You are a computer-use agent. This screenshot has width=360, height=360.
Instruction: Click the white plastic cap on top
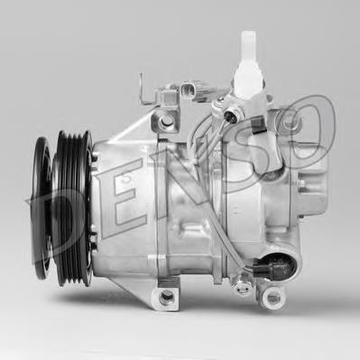point(246,50)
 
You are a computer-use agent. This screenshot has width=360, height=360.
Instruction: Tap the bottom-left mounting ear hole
point(166,295)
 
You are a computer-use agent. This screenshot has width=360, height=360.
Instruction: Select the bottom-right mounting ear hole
point(271,296)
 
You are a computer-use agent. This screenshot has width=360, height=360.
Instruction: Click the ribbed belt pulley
point(68,208)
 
